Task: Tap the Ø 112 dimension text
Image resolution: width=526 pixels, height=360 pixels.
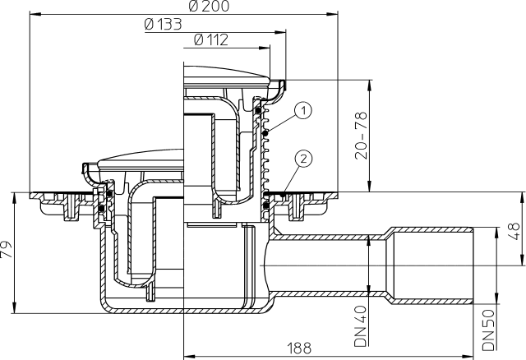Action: pos(213,39)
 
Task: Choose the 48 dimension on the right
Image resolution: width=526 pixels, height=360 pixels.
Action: pos(514,229)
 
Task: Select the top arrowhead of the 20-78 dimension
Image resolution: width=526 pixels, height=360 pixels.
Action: pos(367,82)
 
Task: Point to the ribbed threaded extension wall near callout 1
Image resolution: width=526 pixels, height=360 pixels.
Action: pos(265,152)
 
